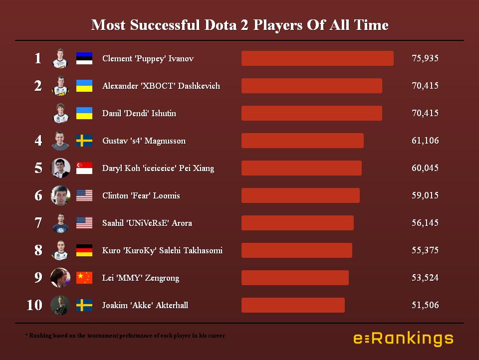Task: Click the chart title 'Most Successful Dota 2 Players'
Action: point(239,25)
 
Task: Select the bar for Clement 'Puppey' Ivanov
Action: point(317,58)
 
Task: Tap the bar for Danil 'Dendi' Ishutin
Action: point(312,113)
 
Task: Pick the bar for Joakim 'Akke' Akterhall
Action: point(293,305)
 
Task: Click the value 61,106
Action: point(425,141)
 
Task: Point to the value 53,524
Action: point(425,278)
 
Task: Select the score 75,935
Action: point(425,58)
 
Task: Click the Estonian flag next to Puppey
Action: point(84,58)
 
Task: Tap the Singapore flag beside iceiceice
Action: point(84,168)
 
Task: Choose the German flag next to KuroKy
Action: point(84,250)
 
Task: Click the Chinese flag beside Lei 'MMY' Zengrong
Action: point(84,278)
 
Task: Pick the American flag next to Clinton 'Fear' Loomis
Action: point(84,195)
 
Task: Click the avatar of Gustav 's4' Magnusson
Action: point(60,141)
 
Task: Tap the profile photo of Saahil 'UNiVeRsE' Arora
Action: point(60,223)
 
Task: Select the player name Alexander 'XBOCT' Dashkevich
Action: point(161,86)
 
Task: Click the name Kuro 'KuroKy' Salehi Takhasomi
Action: point(162,250)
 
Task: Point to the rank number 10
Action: point(34,305)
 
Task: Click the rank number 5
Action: point(38,168)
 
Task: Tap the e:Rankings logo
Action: point(403,339)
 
